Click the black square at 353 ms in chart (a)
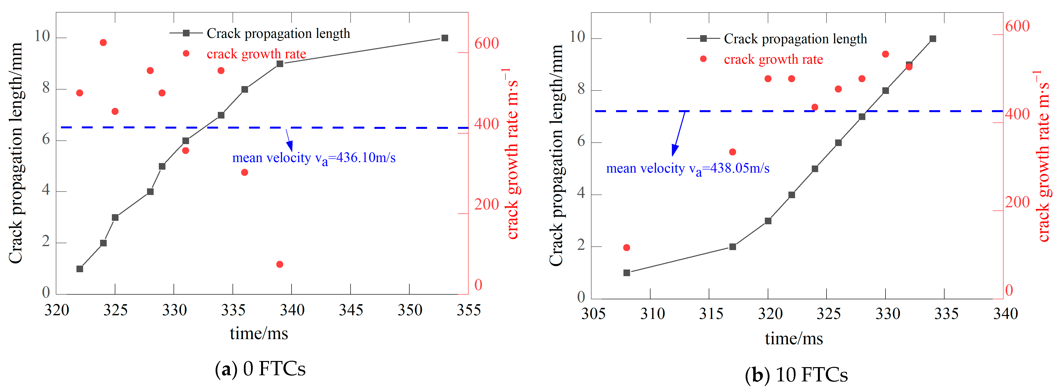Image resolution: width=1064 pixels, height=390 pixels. point(445,38)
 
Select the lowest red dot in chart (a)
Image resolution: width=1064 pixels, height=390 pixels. point(280,264)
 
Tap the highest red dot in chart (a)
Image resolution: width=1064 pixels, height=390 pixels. point(103,43)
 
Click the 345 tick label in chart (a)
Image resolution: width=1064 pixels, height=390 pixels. point(351,310)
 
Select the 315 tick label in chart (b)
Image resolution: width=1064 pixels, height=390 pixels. point(711,314)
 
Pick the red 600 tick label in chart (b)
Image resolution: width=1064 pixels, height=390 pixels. point(1017,26)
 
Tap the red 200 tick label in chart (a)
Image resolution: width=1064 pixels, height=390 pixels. point(486,205)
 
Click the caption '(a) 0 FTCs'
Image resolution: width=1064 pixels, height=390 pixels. point(260,369)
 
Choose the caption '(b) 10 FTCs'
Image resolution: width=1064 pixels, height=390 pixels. point(796,375)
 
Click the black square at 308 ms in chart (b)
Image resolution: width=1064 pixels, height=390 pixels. point(627,273)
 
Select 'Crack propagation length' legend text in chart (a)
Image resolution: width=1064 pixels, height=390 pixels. point(278,33)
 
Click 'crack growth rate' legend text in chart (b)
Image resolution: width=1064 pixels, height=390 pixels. point(773,60)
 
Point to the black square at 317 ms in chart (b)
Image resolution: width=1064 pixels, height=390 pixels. point(733,247)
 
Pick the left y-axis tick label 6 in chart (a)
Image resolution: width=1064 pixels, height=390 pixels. point(46,140)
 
